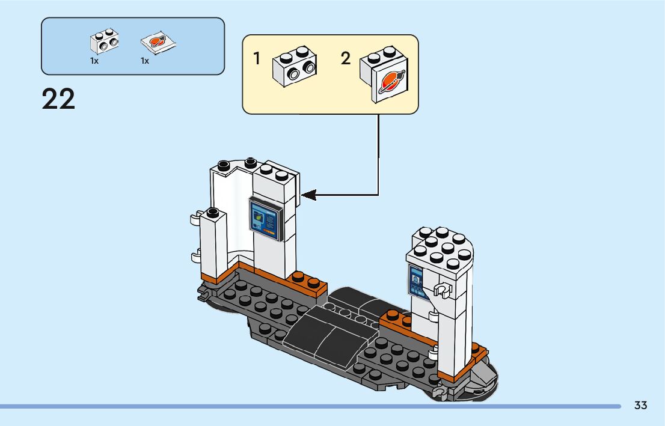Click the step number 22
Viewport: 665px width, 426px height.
(x=58, y=99)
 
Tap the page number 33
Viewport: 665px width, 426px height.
(x=640, y=405)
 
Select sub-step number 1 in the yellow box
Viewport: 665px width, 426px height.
(x=256, y=58)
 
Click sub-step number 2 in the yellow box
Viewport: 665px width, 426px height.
(x=346, y=58)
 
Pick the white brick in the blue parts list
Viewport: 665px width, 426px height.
(x=105, y=41)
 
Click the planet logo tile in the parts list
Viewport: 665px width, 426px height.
(x=158, y=43)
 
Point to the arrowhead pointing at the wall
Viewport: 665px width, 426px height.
(x=308, y=195)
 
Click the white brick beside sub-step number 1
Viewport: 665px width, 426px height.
(x=295, y=66)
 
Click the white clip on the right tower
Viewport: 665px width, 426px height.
(x=443, y=291)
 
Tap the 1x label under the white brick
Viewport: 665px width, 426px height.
(x=94, y=61)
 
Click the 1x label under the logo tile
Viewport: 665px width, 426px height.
(x=145, y=61)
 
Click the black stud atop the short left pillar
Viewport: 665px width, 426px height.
(x=213, y=211)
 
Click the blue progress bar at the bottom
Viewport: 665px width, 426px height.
(x=310, y=407)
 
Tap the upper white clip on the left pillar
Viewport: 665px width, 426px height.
(x=196, y=218)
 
